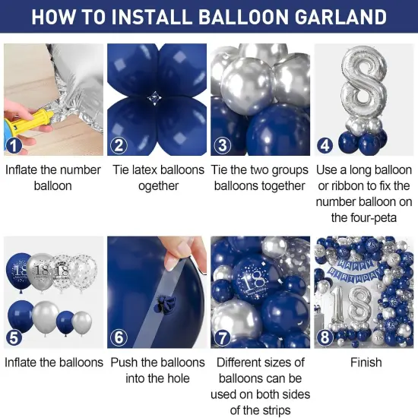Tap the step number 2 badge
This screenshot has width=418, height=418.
point(119,145)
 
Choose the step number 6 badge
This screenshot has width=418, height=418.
point(119,337)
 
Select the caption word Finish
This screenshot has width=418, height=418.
point(366,363)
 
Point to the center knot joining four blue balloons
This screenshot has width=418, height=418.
point(157,98)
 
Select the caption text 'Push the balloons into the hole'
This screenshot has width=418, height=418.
point(158,370)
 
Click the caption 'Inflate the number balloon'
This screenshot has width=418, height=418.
point(52,178)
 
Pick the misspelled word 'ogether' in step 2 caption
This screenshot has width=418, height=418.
point(158,186)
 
